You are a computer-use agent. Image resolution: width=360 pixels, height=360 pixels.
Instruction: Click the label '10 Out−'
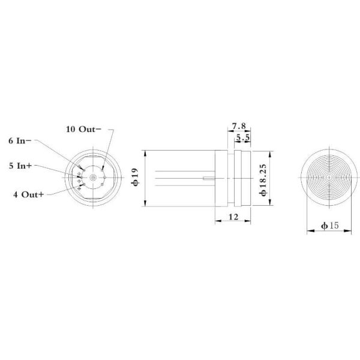[x=83, y=128]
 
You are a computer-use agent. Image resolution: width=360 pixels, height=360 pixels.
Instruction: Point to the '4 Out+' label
[x=27, y=194]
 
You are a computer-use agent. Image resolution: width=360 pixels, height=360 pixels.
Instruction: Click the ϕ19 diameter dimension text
[x=135, y=178]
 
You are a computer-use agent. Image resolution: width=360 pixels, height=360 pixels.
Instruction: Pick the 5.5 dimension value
[x=244, y=138]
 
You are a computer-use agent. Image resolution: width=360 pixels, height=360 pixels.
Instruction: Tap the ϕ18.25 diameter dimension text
[x=263, y=178]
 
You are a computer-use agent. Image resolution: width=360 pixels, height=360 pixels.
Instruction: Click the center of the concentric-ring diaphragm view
[x=329, y=178]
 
